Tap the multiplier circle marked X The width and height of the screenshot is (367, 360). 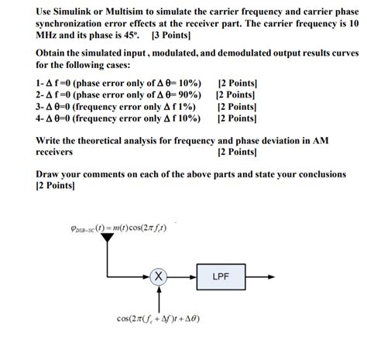[157, 275]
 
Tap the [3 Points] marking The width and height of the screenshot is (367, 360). [172, 36]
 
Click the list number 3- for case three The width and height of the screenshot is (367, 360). [41, 106]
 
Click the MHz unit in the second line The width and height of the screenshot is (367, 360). [48, 36]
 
